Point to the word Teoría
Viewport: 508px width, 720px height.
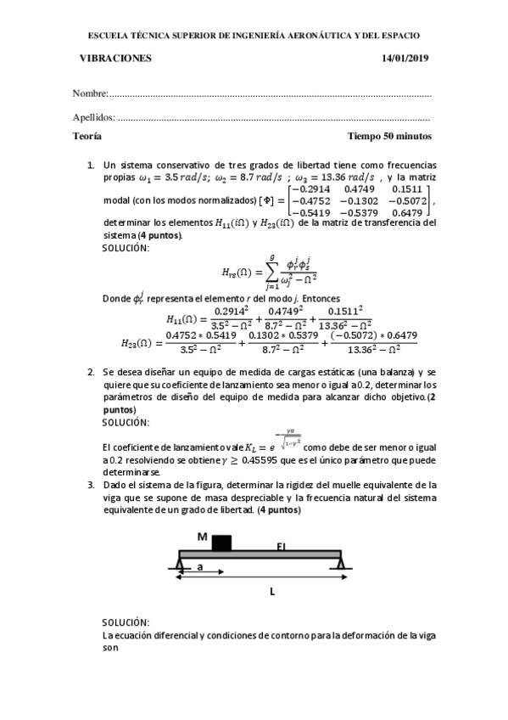click(x=88, y=136)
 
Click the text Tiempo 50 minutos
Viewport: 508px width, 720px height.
click(x=389, y=136)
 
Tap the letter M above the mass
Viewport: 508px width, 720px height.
click(x=202, y=537)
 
